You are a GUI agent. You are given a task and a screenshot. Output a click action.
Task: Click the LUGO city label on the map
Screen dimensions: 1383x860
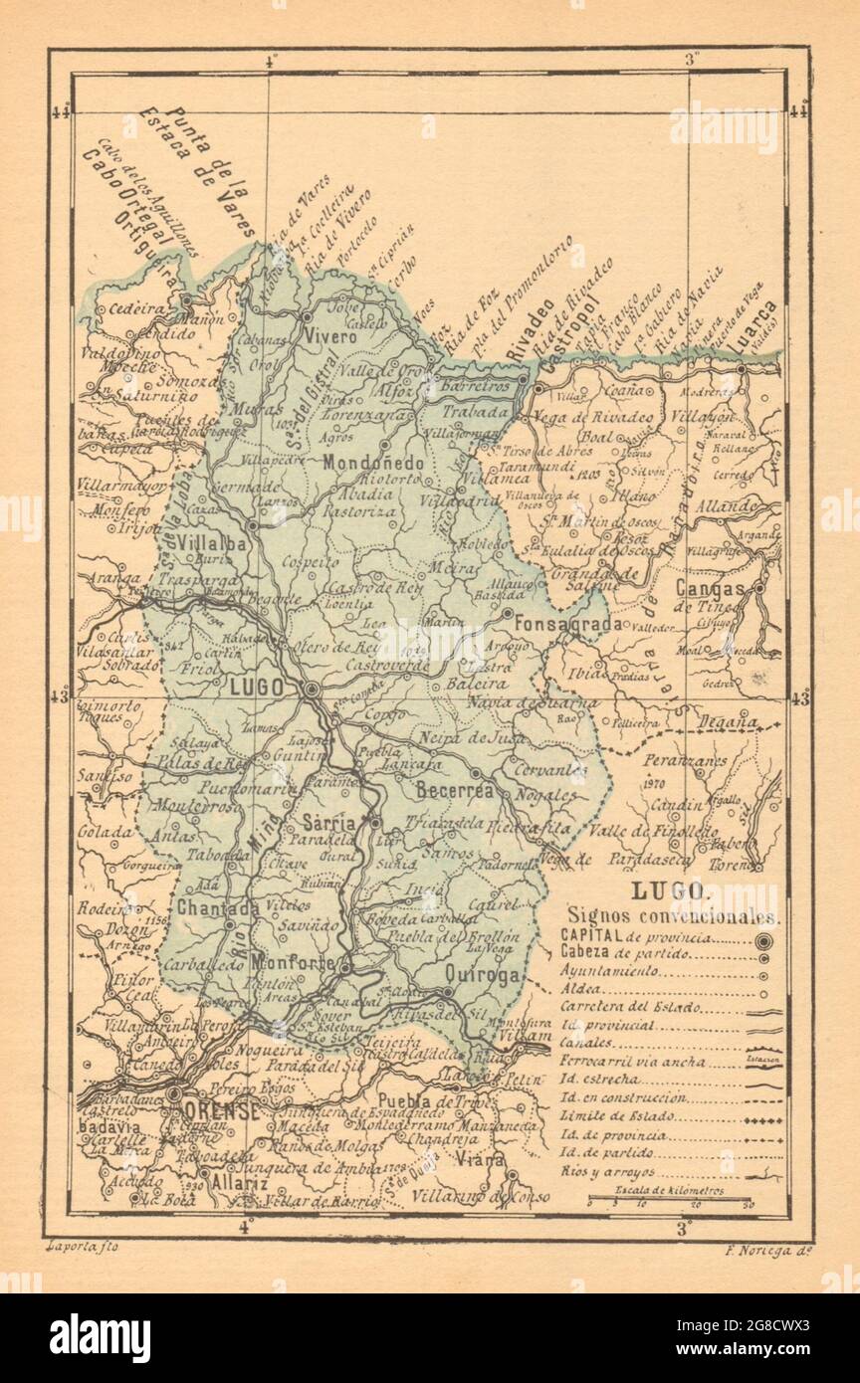[x=257, y=688]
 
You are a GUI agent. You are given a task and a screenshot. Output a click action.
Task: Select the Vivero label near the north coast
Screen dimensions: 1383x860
[x=329, y=337]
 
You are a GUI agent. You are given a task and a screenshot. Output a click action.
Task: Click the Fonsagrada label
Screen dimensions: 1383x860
[x=567, y=624]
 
